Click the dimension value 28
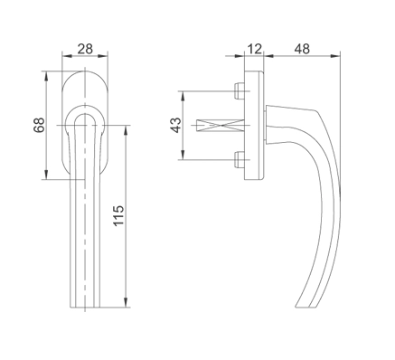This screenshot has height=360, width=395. click(85, 49)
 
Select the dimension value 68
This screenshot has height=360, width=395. click(39, 125)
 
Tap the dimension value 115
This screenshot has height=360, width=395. click(118, 215)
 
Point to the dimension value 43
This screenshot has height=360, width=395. click(176, 125)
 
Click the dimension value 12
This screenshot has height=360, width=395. click(255, 49)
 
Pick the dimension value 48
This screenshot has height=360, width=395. click(302, 49)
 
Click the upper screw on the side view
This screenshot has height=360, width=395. click(240, 91)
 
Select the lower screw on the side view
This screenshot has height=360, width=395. click(240, 160)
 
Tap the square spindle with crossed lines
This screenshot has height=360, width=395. click(220, 125)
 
